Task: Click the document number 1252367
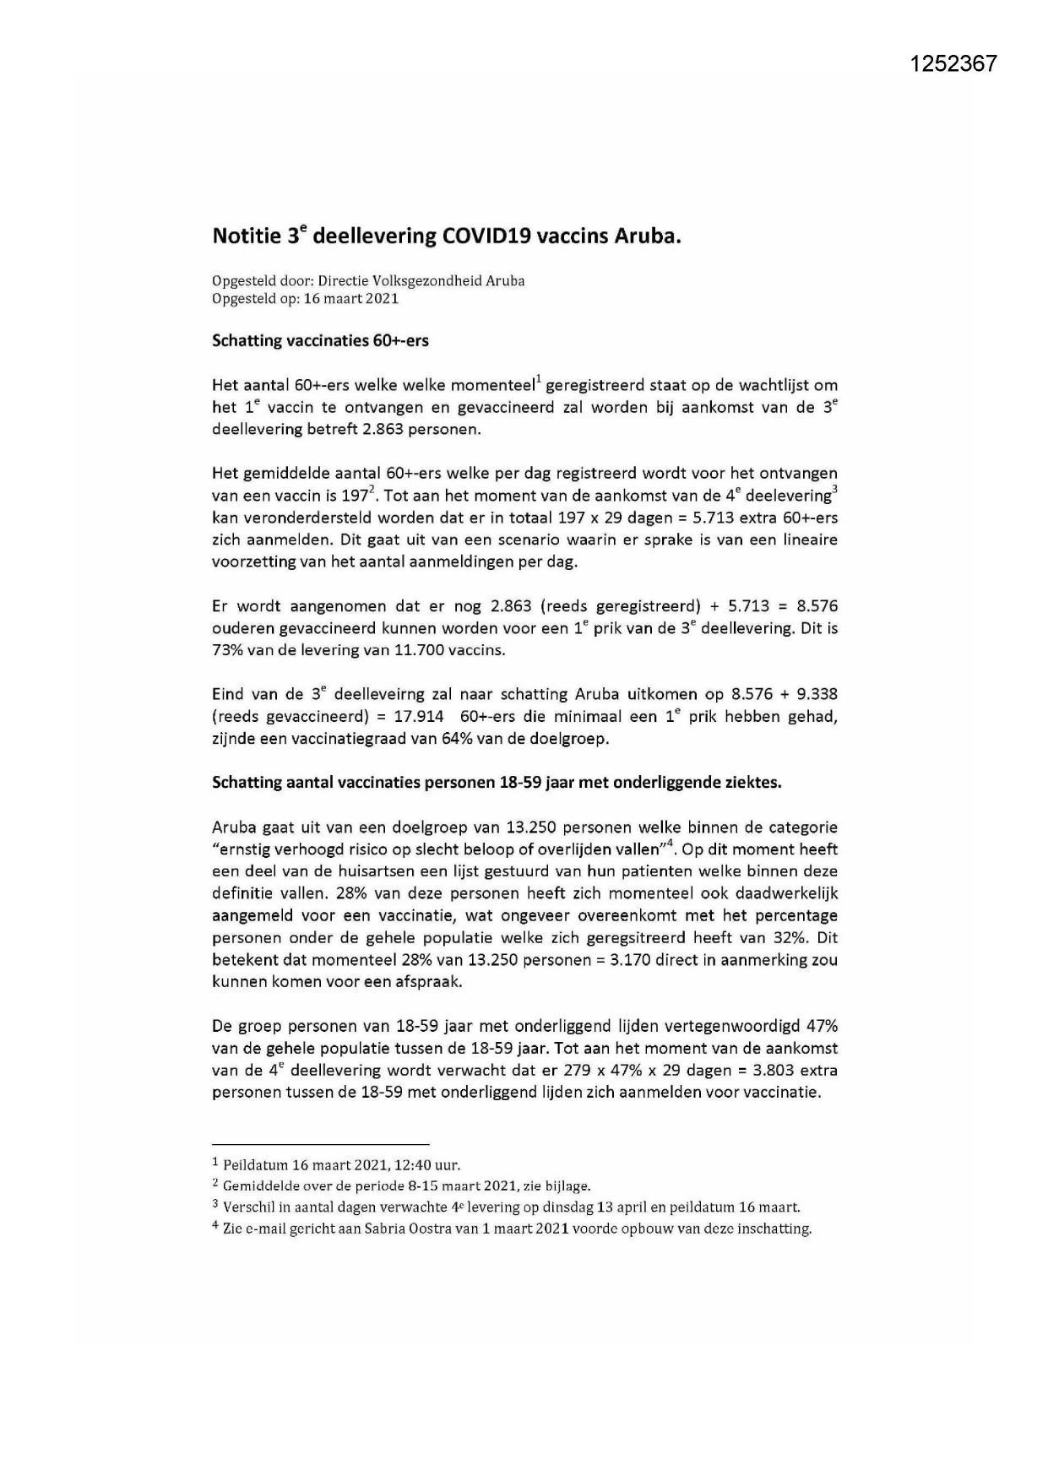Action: coord(953,63)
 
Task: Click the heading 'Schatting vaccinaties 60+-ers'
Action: coord(320,340)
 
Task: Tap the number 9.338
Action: coord(813,694)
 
